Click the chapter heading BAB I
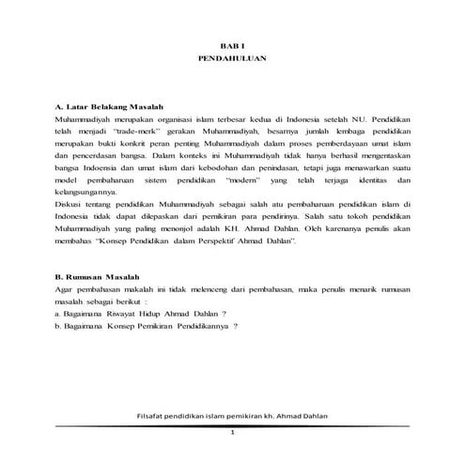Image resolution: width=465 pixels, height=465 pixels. (x=231, y=45)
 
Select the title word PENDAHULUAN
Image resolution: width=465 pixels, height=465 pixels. (x=231, y=58)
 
